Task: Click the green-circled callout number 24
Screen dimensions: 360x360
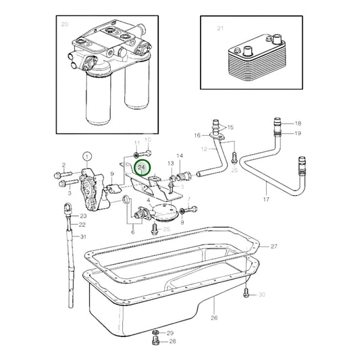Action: (142, 166)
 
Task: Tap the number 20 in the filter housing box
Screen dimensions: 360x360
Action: (65, 24)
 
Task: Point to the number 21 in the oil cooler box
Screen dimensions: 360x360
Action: (220, 28)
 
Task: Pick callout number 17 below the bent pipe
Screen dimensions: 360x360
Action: (266, 201)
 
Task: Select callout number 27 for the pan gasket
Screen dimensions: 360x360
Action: (274, 246)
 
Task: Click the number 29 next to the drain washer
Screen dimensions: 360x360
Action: (170, 334)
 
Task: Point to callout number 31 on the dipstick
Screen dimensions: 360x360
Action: (83, 236)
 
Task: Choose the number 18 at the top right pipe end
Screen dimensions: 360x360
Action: (298, 124)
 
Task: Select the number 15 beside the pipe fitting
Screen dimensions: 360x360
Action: (231, 127)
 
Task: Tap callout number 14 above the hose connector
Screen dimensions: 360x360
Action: (179, 155)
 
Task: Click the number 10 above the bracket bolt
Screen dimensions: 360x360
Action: (149, 139)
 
